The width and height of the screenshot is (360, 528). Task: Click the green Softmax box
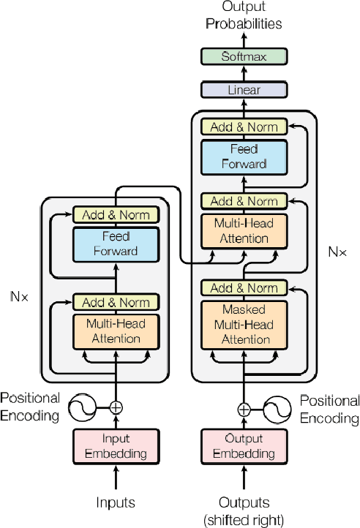click(244, 56)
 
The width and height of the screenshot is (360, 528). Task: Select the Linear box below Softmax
click(244, 90)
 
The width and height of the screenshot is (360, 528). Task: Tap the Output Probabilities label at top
click(244, 16)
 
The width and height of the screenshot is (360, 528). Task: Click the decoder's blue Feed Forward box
click(244, 156)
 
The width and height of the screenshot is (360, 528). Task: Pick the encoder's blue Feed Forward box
click(115, 244)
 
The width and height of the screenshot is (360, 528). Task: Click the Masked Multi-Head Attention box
click(244, 323)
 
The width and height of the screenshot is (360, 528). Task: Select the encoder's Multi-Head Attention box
click(115, 331)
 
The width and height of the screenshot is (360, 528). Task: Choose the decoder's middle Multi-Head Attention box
click(244, 230)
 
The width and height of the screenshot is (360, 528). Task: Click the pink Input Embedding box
click(115, 446)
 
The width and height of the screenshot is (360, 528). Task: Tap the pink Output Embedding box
click(244, 446)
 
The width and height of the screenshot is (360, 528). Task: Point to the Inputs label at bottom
click(115, 502)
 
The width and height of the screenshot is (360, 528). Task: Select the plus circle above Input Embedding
click(115, 407)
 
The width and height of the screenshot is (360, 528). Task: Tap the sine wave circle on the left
click(83, 407)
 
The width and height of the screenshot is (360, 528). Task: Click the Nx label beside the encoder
click(20, 297)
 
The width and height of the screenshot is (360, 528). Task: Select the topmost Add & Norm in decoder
click(244, 127)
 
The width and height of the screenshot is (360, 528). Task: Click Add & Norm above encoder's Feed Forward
click(115, 215)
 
